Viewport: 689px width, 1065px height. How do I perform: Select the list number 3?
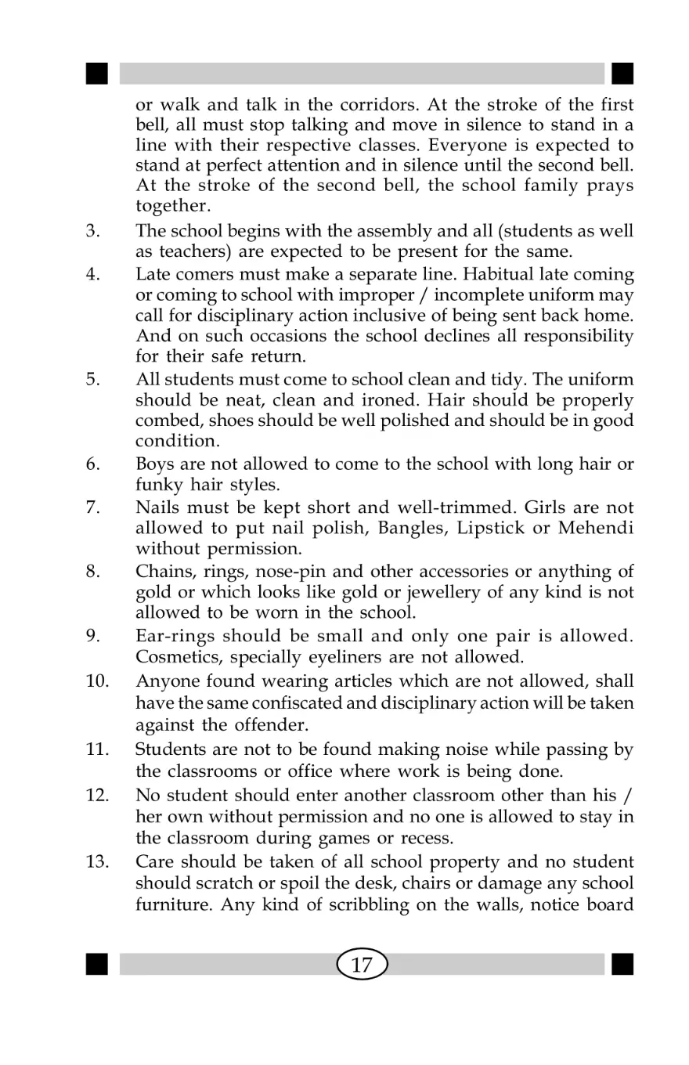click(x=92, y=231)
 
